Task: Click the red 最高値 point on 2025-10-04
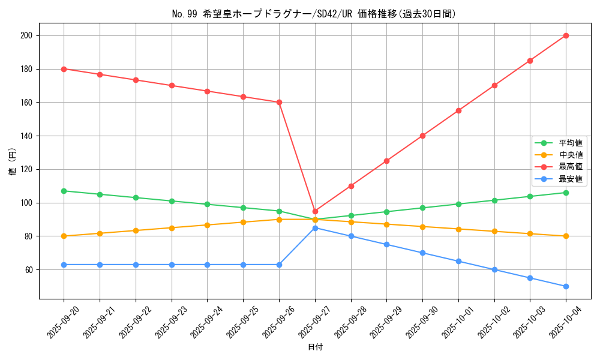point(566,35)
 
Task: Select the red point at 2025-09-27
point(315,211)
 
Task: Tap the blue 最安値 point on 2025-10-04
point(566,286)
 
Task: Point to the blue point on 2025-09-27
point(315,228)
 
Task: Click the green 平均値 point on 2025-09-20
point(64,191)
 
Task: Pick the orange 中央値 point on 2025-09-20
point(64,236)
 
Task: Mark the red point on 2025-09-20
point(64,69)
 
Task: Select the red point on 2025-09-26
point(279,102)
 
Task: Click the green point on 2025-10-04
point(566,193)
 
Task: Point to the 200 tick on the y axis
point(28,35)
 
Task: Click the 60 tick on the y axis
point(29,269)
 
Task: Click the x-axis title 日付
point(315,347)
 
